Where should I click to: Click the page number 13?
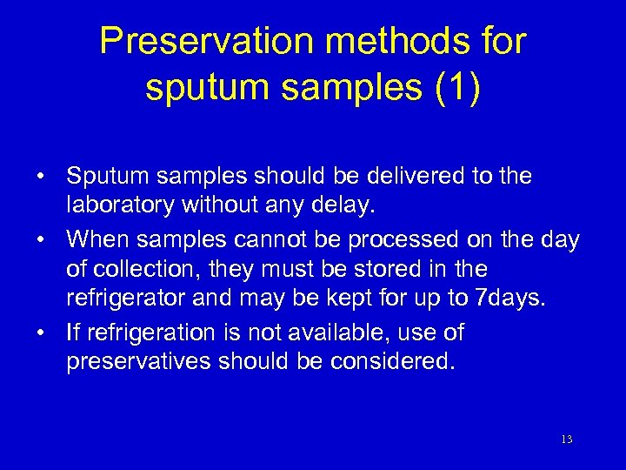566,440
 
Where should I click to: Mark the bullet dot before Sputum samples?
42,178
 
